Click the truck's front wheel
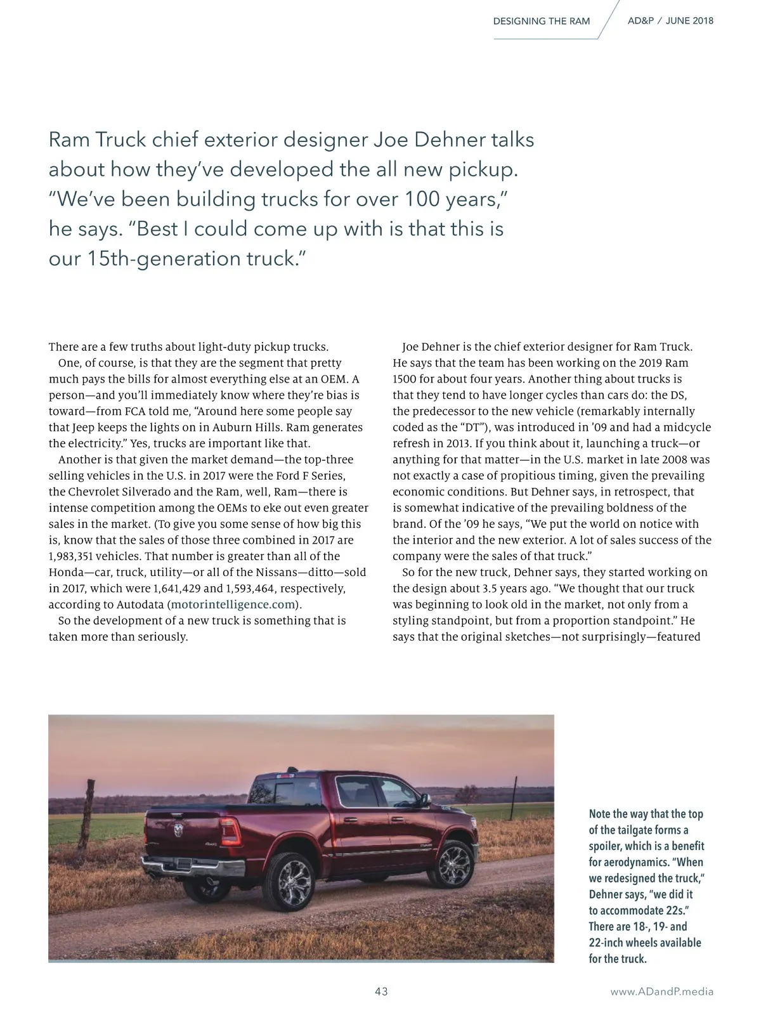[x=452, y=864]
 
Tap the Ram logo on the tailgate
[x=179, y=828]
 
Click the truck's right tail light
[x=230, y=831]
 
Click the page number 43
[x=381, y=992]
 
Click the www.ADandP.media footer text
[x=661, y=992]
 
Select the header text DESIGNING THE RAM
[x=542, y=21]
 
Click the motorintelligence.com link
[x=233, y=605]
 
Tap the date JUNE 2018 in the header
[x=689, y=21]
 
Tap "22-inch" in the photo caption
[x=606, y=943]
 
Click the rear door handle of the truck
[x=346, y=821]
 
